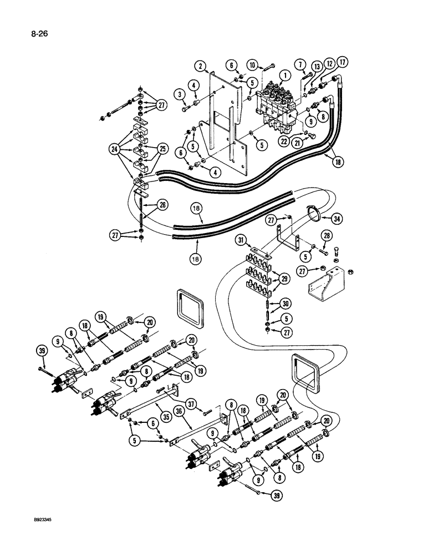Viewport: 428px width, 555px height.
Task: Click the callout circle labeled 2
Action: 201,67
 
